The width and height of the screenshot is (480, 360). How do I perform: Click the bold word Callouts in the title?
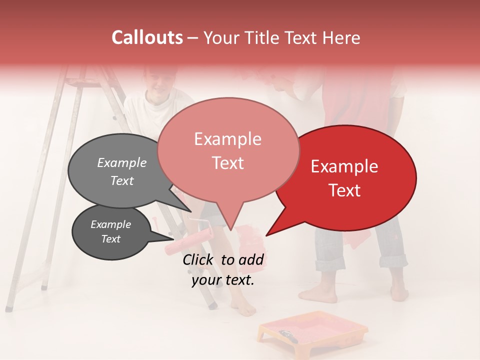tap(147, 37)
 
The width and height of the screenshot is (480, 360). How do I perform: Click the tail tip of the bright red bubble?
tap(267, 234)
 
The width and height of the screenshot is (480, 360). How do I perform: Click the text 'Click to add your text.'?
tap(222, 270)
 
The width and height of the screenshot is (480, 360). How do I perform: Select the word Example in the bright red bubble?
tap(344, 166)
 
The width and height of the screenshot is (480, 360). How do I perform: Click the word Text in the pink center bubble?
tap(227, 163)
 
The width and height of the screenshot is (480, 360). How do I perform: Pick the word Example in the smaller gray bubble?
tap(110, 224)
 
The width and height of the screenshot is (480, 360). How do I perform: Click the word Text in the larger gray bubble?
tap(121, 181)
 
